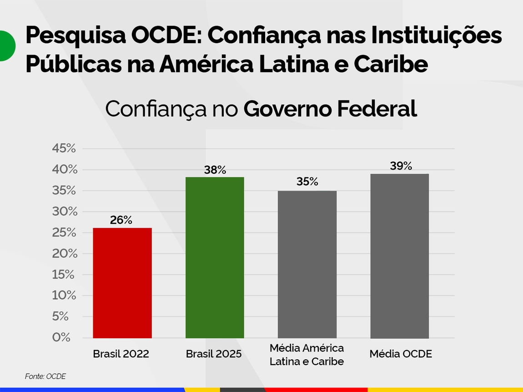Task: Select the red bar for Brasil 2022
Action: coord(122,283)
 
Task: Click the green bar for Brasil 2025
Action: coord(215,257)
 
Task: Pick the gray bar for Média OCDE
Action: coord(399,256)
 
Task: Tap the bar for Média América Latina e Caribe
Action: coord(307,264)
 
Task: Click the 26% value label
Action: coord(121,221)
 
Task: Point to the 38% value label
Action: coord(215,170)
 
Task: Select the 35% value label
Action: coord(307,182)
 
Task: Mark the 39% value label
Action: coord(401,166)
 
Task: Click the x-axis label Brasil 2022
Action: coord(121,354)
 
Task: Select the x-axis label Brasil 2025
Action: coord(214,354)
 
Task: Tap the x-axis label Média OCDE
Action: coord(400,354)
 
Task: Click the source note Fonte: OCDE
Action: coord(45,377)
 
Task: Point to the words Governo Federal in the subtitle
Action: coord(330,109)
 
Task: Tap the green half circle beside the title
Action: coord(6,45)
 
